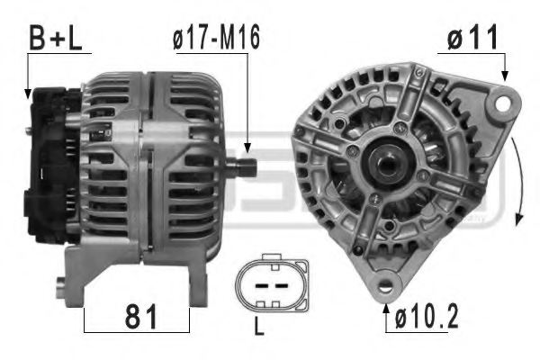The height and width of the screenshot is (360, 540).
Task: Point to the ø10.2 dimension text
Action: (425, 317)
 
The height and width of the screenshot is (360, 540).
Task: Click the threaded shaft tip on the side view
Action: (247, 166)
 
